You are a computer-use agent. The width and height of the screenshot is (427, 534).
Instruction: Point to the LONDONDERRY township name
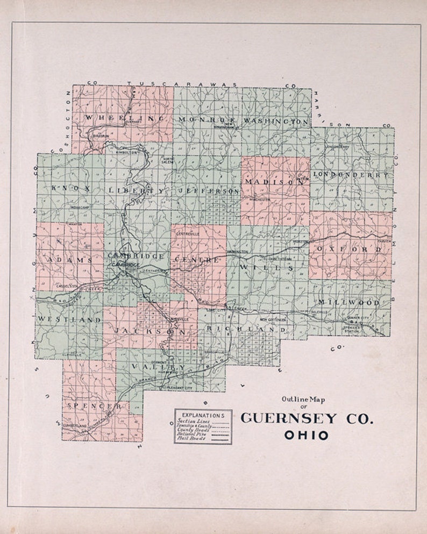coord(350,175)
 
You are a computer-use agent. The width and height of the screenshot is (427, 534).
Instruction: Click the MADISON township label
coord(274,182)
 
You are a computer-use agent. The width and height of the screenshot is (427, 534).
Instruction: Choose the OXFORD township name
coord(350,250)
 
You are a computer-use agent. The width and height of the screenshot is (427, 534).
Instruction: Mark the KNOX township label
coord(69,188)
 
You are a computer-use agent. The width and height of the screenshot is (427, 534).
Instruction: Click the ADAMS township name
coord(70,260)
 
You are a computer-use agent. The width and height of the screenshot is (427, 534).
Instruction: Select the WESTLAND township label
coord(69,319)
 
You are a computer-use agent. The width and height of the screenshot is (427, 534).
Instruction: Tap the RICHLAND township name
coord(241,329)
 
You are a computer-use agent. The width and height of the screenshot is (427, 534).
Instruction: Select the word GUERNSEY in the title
coord(289,418)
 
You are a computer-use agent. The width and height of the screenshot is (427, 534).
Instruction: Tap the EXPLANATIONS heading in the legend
coord(203,415)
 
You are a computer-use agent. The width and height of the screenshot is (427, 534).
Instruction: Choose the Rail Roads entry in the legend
coord(190,440)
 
